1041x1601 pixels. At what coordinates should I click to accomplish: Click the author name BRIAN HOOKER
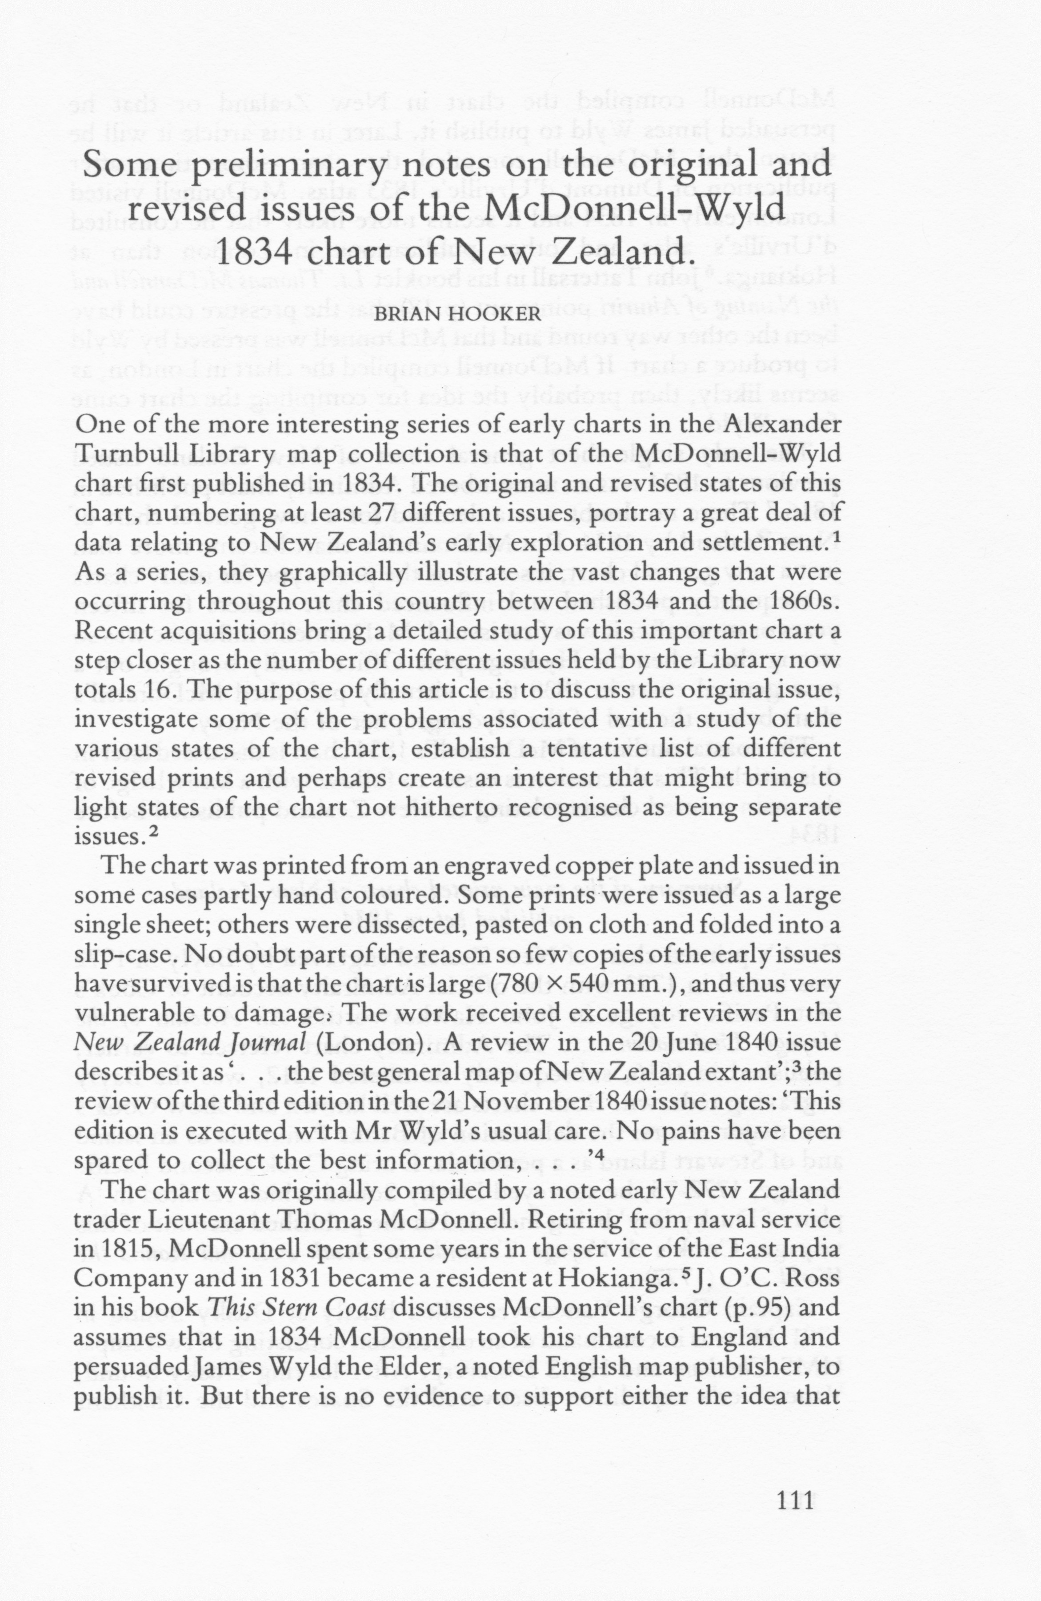pyautogui.click(x=456, y=315)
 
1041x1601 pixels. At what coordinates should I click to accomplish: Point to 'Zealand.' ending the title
pyautogui.click(x=626, y=254)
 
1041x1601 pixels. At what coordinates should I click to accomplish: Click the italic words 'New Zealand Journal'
pyautogui.click(x=190, y=1043)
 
